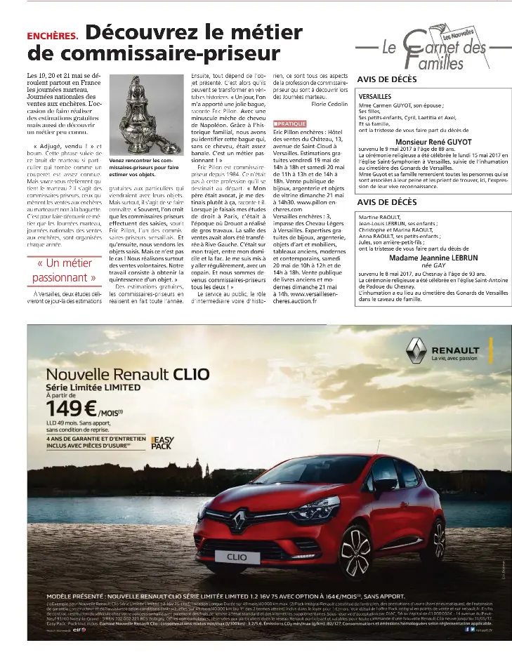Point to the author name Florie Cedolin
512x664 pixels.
tap(329, 103)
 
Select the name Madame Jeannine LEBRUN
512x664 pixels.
tap(428, 258)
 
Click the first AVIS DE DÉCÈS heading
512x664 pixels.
tap(387, 79)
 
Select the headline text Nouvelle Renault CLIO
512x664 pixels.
tap(127, 374)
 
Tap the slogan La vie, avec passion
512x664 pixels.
tap(457, 359)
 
